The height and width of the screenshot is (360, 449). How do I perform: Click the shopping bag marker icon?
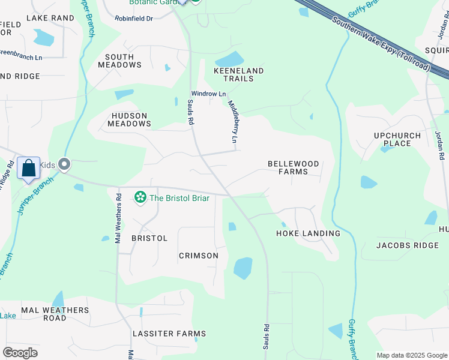pos(28,169)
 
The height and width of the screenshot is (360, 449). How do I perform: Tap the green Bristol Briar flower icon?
pos(140,197)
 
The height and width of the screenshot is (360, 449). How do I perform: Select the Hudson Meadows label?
pos(129,119)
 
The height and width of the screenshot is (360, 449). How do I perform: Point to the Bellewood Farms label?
pos(293,167)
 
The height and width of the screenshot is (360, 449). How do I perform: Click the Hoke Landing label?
pos(308,233)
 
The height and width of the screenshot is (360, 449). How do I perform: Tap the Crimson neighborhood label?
pos(199,256)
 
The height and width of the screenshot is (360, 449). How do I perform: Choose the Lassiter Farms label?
pos(169,334)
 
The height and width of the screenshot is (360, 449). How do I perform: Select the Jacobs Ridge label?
pos(408,245)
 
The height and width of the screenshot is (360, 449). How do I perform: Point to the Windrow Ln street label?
pos(208,94)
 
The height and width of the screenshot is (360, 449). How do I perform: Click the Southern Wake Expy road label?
pos(381,43)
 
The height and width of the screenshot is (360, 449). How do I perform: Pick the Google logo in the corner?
pos(20,353)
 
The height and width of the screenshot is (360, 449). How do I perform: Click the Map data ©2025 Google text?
pos(411,355)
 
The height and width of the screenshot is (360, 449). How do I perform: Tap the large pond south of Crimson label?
pos(243,268)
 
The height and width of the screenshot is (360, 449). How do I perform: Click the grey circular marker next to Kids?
pos(65,164)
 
